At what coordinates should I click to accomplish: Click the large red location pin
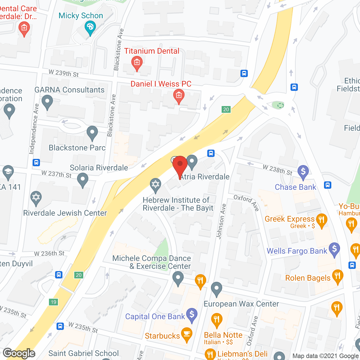(180, 165)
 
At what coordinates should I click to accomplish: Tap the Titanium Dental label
(152, 51)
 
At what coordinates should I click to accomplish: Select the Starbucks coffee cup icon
(186, 334)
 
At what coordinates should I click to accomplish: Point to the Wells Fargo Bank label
(297, 251)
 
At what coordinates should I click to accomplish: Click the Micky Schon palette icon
(90, 27)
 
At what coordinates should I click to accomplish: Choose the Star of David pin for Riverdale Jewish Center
(36, 197)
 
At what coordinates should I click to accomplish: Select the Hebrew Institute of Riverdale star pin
(155, 185)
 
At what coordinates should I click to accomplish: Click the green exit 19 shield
(53, 302)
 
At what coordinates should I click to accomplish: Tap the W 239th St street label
(64, 73)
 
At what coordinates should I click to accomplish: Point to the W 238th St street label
(278, 170)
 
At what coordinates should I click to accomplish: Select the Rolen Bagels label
(308, 278)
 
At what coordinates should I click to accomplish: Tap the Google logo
(19, 353)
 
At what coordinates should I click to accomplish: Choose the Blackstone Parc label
(77, 148)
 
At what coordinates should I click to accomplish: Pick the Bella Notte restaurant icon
(217, 319)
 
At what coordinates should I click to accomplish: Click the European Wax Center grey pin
(216, 289)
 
